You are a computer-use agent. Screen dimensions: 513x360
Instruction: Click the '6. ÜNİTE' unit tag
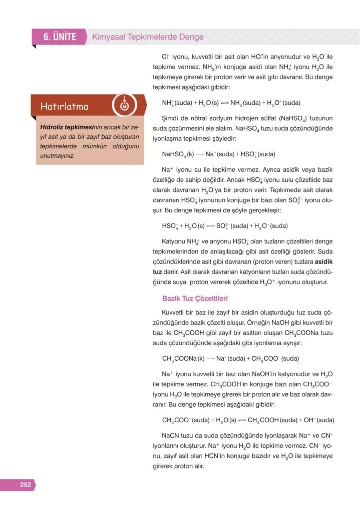[x=60, y=37]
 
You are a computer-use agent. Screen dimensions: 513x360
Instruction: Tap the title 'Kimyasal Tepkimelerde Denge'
[x=148, y=37]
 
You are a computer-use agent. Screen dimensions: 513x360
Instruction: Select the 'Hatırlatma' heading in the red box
[x=65, y=106]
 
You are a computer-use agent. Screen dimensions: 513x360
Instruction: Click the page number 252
[x=25, y=484]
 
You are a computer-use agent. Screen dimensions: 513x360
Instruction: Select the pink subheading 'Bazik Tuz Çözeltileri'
[x=195, y=299]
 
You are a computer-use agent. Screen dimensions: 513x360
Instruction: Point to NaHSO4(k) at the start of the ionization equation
[x=178, y=154]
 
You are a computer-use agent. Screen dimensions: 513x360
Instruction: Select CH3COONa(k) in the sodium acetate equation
[x=183, y=358]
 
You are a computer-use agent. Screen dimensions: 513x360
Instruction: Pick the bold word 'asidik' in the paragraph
[x=323, y=262]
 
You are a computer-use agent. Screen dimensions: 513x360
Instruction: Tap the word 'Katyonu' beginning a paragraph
[x=175, y=240]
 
